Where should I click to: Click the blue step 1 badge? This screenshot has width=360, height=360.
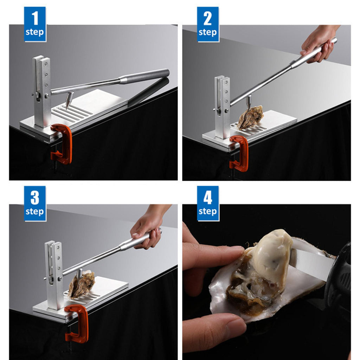35,24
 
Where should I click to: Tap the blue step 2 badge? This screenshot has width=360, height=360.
208,24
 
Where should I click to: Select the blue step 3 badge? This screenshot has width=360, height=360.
35,204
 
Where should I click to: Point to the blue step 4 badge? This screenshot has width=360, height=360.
208,204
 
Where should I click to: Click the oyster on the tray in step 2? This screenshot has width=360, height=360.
250,117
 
